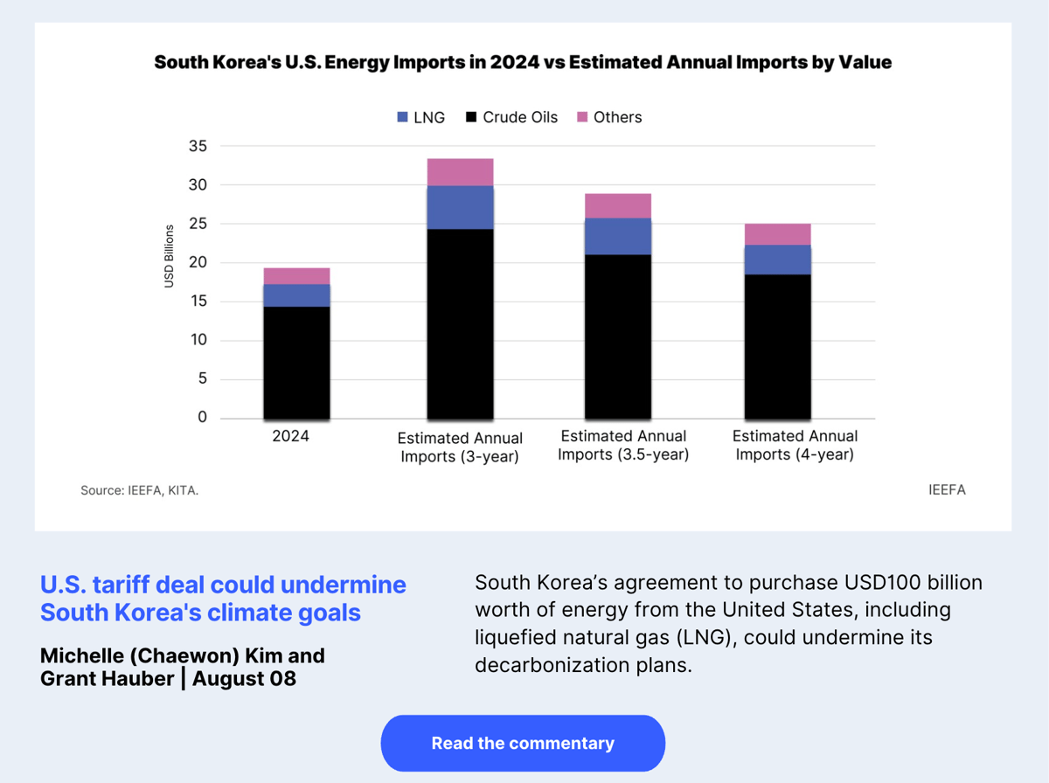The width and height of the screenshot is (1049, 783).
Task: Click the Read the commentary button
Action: [x=523, y=744]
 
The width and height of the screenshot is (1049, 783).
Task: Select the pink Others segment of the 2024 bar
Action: [x=296, y=276]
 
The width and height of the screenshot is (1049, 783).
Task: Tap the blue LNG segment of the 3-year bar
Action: [x=460, y=207]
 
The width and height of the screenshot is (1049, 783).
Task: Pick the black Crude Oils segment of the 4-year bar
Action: [x=777, y=346]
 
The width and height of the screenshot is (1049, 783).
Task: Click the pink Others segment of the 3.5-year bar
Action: [x=618, y=205]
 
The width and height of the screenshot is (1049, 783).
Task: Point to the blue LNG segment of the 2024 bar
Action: [x=296, y=295]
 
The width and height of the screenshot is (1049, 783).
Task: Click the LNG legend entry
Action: [x=420, y=117]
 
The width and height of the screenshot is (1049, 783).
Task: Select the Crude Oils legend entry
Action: [x=511, y=117]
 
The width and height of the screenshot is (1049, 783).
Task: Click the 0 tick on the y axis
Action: [x=202, y=418]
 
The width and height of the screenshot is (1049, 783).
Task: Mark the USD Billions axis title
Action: [x=169, y=256]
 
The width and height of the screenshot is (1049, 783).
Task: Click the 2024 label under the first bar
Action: [x=291, y=435]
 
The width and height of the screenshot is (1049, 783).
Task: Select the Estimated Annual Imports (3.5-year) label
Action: [x=623, y=445]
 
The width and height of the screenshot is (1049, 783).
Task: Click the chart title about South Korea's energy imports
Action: [x=523, y=62]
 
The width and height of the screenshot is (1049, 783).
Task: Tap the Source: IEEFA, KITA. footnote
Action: [x=140, y=491]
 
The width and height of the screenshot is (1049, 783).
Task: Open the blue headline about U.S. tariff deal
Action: [x=223, y=599]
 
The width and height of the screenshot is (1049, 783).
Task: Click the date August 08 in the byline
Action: [x=244, y=677]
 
